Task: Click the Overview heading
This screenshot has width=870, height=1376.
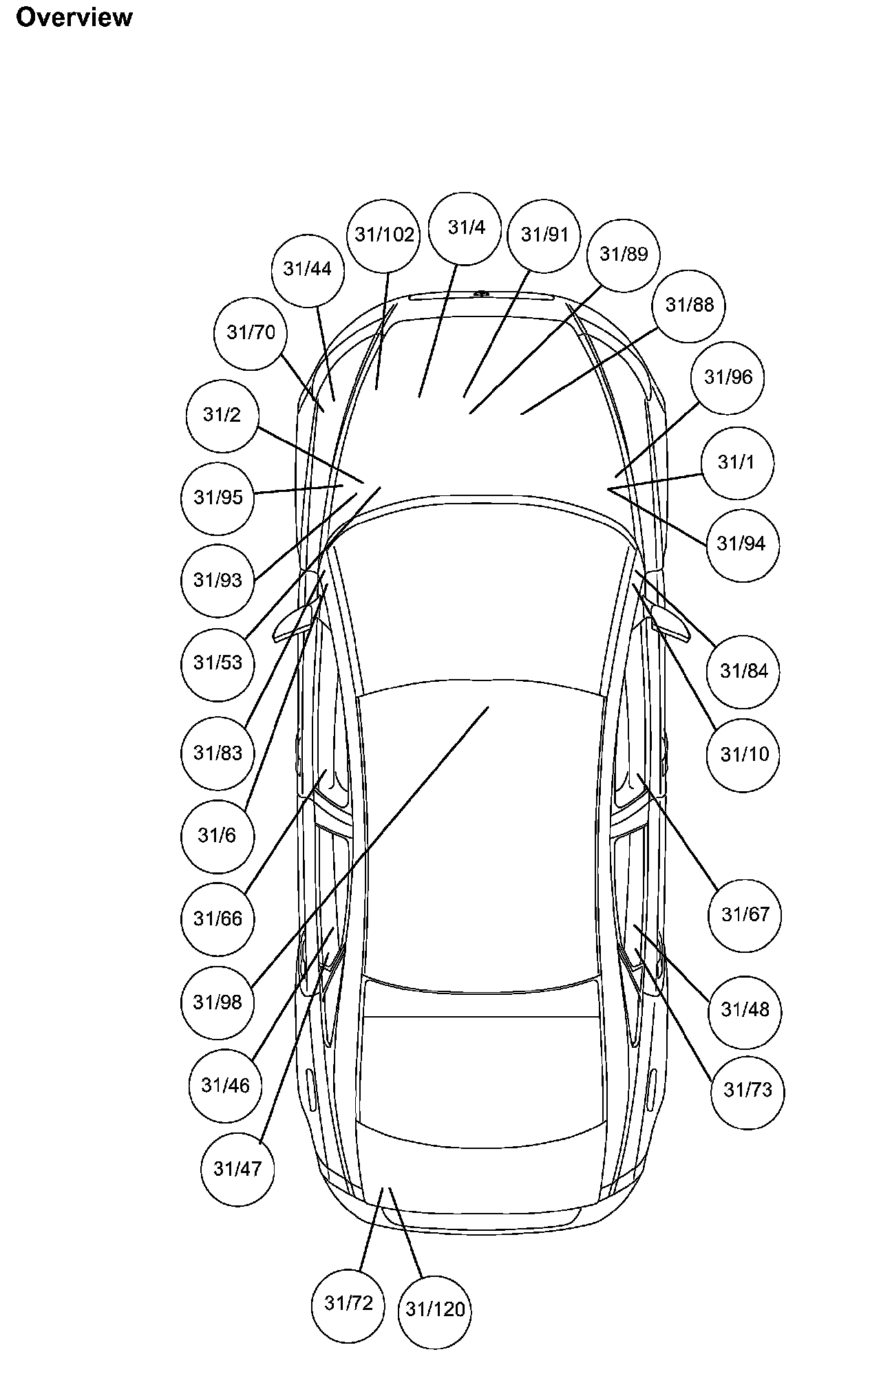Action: click(x=74, y=17)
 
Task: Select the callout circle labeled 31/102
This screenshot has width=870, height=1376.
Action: click(x=385, y=235)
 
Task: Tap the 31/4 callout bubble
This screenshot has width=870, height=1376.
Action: click(x=466, y=228)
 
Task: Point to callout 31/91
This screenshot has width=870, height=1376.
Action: click(x=544, y=235)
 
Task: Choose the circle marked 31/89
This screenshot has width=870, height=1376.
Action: click(x=624, y=255)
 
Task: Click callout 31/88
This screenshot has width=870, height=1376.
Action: click(x=690, y=305)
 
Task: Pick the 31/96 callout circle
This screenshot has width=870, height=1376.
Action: click(x=728, y=378)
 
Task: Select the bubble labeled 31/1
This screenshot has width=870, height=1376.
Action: click(x=736, y=462)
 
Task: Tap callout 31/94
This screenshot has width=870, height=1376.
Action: click(x=741, y=544)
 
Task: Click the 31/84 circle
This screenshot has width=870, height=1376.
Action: click(x=743, y=671)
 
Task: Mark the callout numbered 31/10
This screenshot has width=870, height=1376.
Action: click(x=744, y=755)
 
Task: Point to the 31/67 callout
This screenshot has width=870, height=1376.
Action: click(x=745, y=915)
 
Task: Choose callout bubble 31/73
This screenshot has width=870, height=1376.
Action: click(x=747, y=1090)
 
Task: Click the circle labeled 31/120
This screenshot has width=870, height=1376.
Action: click(x=435, y=1310)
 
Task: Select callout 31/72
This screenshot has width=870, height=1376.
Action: click(x=348, y=1304)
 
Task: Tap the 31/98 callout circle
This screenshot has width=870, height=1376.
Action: click(x=217, y=1002)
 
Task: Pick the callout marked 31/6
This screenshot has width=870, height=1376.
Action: click(x=217, y=836)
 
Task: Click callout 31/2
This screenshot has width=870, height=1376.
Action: click(x=222, y=415)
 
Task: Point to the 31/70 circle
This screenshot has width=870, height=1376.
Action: click(x=251, y=333)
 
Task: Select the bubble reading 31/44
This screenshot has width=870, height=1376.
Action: click(x=308, y=269)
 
